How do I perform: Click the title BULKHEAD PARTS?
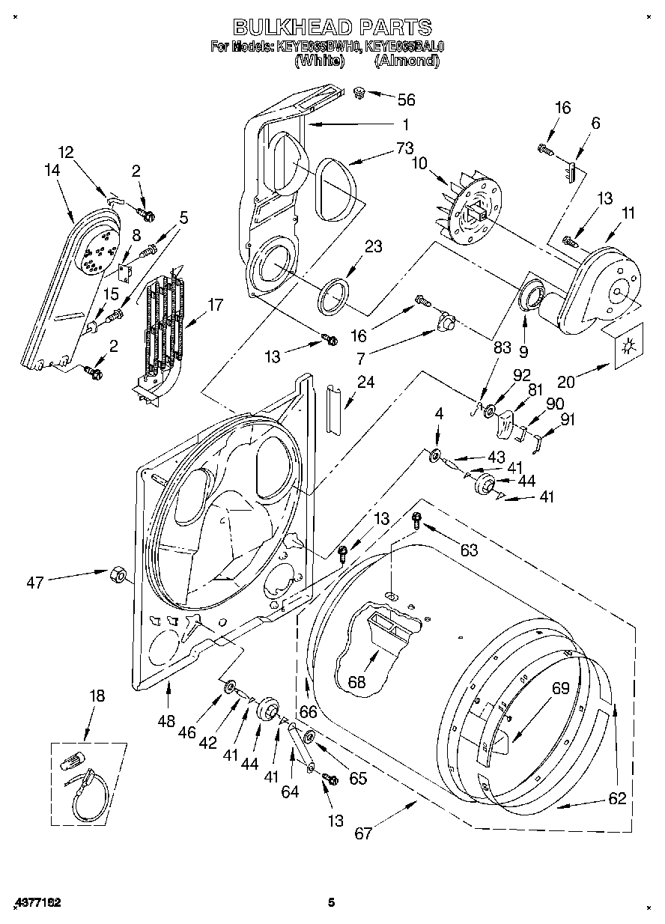click(x=332, y=28)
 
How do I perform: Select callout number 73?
click(x=405, y=147)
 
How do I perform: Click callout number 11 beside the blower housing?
click(x=628, y=213)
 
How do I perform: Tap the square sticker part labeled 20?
click(x=628, y=347)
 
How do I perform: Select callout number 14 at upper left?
click(x=52, y=170)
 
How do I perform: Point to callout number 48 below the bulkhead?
click(x=166, y=721)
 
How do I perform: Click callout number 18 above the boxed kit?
click(x=97, y=696)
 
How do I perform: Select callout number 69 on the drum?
click(x=561, y=688)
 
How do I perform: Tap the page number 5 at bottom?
click(x=330, y=902)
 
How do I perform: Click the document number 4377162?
click(x=36, y=902)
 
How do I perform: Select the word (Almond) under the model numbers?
click(x=407, y=61)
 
